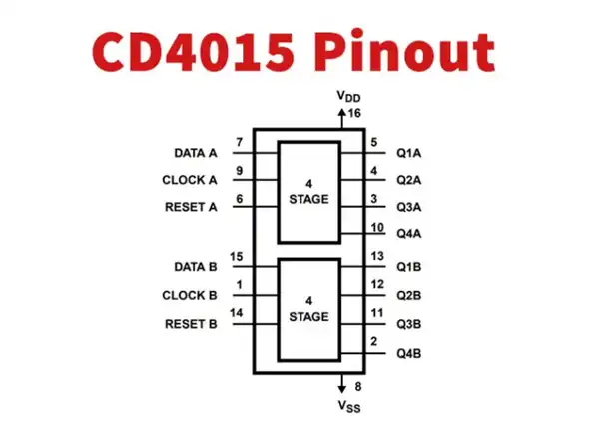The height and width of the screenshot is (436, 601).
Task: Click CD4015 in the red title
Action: pos(193,51)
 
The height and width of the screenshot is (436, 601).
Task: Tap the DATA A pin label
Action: pos(196,153)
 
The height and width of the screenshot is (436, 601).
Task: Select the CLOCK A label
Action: pos(190,180)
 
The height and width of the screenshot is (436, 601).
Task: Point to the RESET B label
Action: pos(191,324)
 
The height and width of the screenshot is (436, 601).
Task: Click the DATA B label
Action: pos(196,267)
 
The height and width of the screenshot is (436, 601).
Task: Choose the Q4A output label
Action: pos(409,234)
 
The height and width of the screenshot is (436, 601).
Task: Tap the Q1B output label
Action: pos(409,267)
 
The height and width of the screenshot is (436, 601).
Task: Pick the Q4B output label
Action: pos(409,353)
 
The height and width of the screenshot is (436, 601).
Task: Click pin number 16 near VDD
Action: pos(354,113)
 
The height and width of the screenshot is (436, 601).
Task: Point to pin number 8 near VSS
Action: pos(358,386)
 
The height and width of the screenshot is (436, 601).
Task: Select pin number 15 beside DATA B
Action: pos(236,256)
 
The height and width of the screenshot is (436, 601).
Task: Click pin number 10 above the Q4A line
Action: pos(377,228)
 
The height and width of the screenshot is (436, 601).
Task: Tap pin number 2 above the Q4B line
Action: pos(374,341)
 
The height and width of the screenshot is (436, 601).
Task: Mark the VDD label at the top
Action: pos(348,96)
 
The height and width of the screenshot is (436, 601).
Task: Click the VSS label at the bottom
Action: pos(349,406)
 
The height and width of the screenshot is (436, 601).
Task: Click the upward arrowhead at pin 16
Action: pos(341,112)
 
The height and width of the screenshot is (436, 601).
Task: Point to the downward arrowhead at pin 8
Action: pos(341,389)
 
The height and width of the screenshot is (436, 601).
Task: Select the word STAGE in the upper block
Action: pos(308,199)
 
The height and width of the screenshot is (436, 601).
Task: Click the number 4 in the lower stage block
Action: pos(308,301)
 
